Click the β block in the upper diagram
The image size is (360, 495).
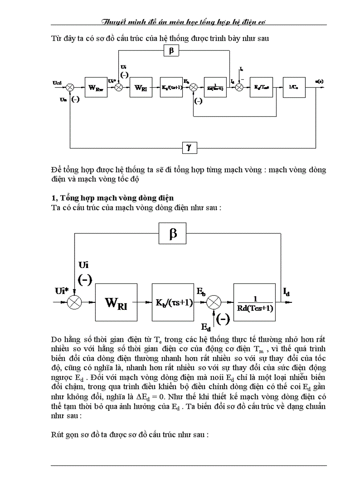pyautogui.click(x=171, y=51)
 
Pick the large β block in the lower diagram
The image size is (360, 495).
pyautogui.click(x=173, y=234)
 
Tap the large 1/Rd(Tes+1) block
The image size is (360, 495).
pyautogui.click(x=255, y=302)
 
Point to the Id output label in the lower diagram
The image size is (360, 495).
pyautogui.click(x=286, y=292)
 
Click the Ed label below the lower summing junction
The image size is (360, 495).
pyautogui.click(x=206, y=327)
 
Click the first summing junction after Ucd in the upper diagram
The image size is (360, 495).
pyautogui.click(x=70, y=87)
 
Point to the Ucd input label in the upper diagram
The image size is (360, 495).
pyautogui.click(x=58, y=82)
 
